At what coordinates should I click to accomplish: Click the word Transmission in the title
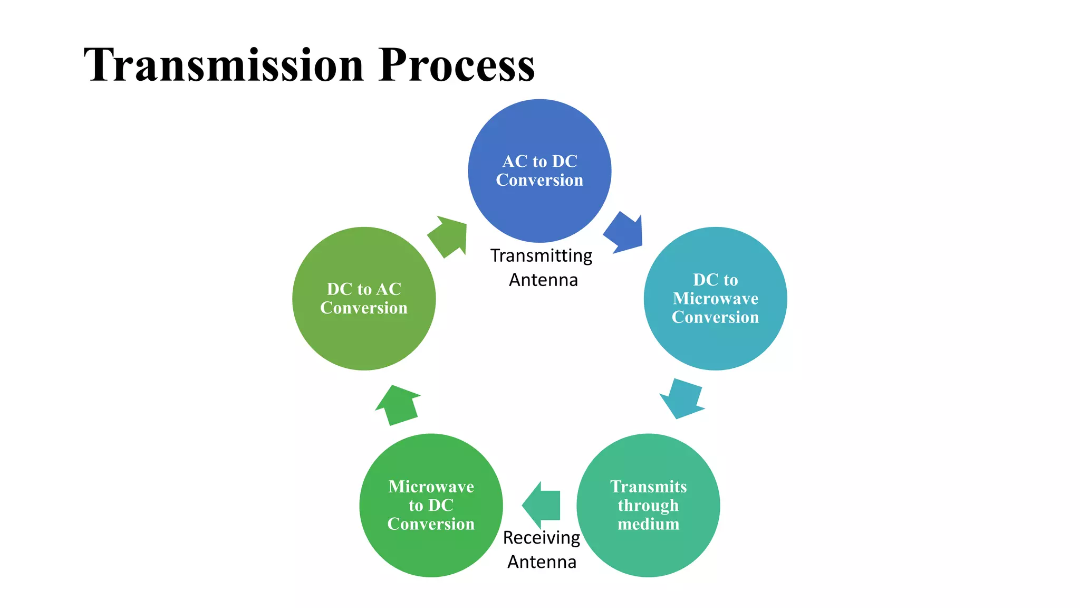pyautogui.click(x=224, y=65)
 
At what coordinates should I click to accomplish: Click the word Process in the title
pyautogui.click(x=456, y=65)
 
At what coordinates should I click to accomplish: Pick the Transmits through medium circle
pyautogui.click(x=648, y=549)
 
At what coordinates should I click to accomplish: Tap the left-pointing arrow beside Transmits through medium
pyautogui.click(x=542, y=505)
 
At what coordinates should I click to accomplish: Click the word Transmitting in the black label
pyautogui.click(x=541, y=256)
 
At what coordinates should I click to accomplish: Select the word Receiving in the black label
pyautogui.click(x=541, y=538)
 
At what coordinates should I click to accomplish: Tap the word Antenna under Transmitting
pyautogui.click(x=543, y=280)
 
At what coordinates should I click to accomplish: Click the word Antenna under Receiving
pyautogui.click(x=542, y=562)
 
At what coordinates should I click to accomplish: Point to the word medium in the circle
pyautogui.click(x=648, y=524)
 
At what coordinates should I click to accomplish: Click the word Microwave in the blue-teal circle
pyautogui.click(x=715, y=299)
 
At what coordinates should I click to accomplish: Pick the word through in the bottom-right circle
pyautogui.click(x=648, y=506)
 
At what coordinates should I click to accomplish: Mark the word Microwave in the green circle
pyautogui.click(x=431, y=487)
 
